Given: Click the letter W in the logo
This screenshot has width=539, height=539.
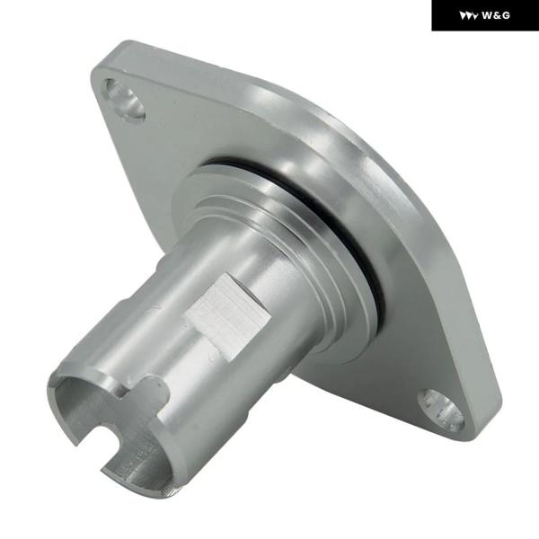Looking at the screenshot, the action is point(487,15).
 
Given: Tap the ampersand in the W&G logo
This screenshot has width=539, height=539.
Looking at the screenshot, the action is point(497,15).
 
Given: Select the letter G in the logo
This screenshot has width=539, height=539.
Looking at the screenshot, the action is point(506,15).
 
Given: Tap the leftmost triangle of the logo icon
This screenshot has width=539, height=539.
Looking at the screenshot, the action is point(463,16).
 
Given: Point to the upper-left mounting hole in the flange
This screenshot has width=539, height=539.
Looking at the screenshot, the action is point(125,99).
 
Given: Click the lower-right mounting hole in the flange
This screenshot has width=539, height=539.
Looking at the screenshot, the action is point(441,409).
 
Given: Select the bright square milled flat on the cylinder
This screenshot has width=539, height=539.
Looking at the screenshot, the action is point(228,316).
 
